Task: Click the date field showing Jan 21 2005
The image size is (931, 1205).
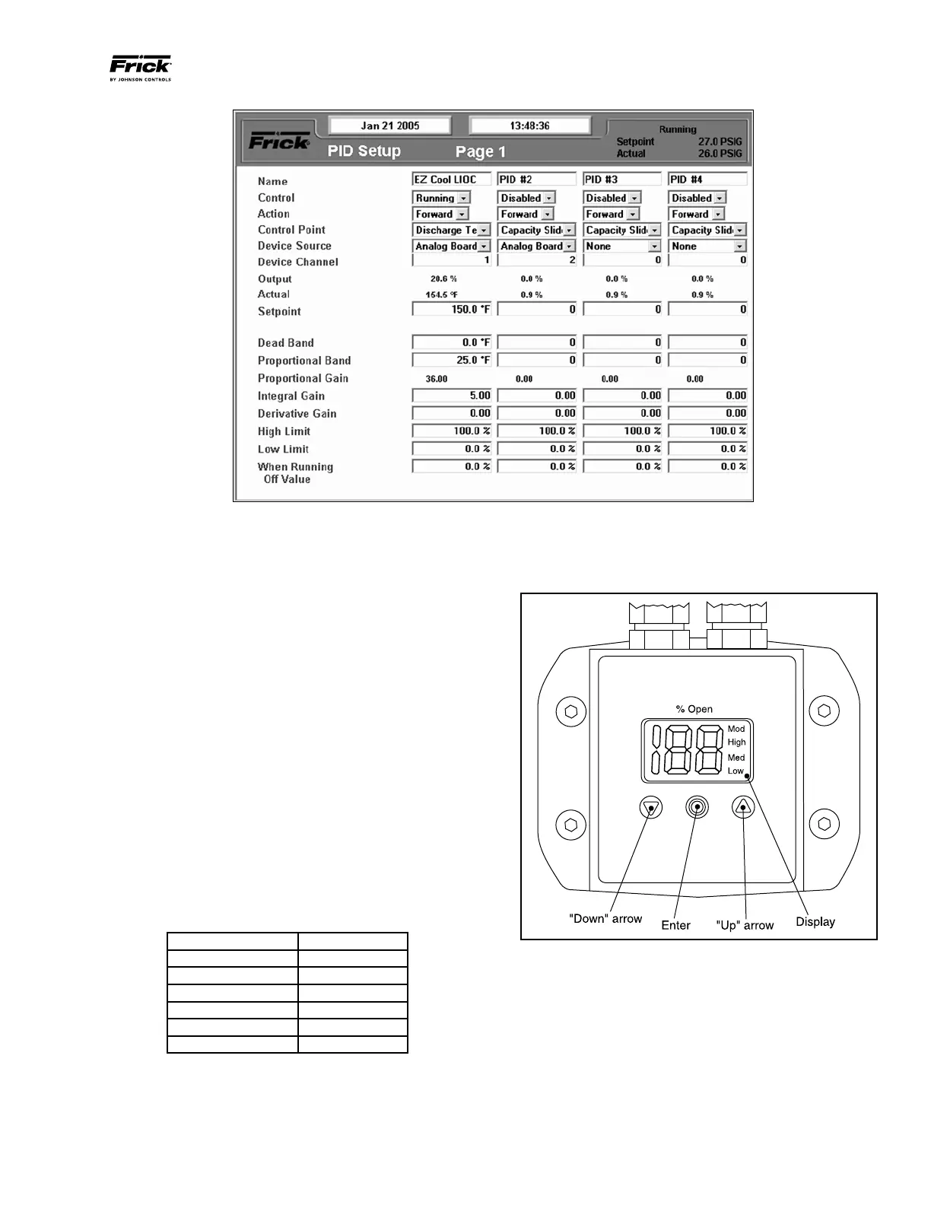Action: click(x=389, y=126)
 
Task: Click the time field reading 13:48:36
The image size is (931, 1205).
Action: click(x=529, y=126)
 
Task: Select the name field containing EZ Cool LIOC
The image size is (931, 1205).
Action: click(x=451, y=180)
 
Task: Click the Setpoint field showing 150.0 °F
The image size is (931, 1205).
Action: click(x=452, y=310)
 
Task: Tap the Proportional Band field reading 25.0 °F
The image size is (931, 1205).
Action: click(x=452, y=360)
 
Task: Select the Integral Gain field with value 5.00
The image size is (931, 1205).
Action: click(x=452, y=396)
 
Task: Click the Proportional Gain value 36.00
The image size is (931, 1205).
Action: click(x=437, y=379)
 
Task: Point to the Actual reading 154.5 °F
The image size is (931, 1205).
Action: click(x=442, y=295)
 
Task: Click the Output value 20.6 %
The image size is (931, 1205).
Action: click(x=443, y=279)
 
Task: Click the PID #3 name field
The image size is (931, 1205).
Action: click(x=621, y=180)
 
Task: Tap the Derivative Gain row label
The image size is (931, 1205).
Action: click(x=297, y=414)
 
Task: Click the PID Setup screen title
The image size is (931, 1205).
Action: click(x=364, y=151)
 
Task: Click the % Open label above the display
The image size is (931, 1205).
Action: click(x=694, y=709)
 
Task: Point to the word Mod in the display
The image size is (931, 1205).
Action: click(x=736, y=729)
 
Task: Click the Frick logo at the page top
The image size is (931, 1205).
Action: click(x=141, y=67)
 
